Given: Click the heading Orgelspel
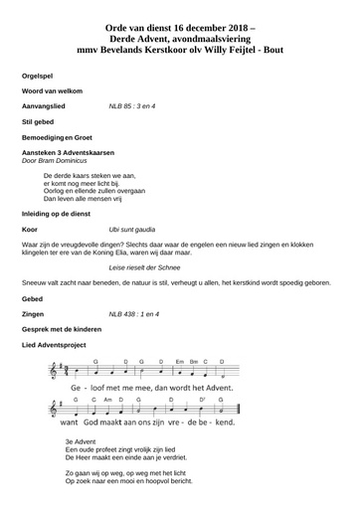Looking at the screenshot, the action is (x=36, y=76).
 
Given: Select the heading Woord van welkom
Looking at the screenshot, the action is (x=50, y=90).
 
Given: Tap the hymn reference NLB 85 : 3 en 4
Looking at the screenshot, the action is (x=134, y=104).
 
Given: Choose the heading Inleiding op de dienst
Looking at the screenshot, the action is (x=64, y=214).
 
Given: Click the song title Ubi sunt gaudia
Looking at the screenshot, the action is (x=134, y=229).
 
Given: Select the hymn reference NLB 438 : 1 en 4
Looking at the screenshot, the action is (x=136, y=313).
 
